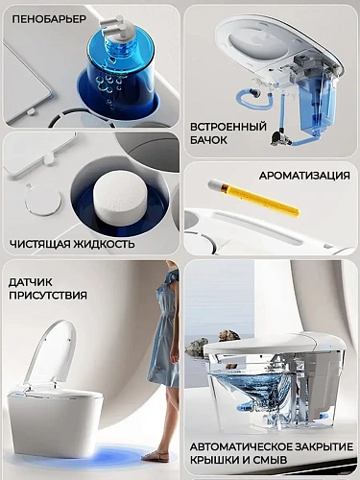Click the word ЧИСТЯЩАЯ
(x=39, y=244)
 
